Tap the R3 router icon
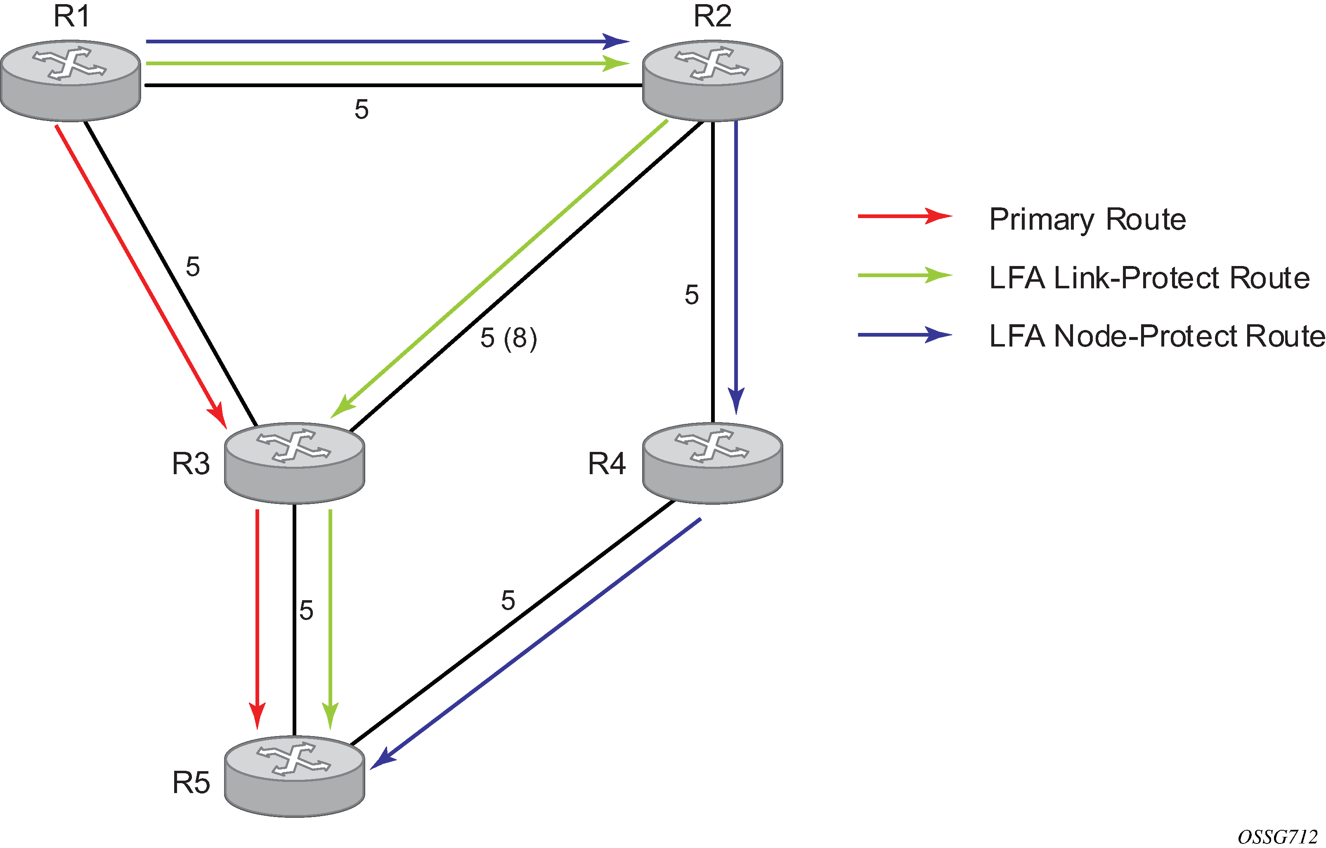tap(295, 463)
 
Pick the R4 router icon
tap(713, 463)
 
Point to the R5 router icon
tap(295, 776)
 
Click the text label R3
tap(191, 463)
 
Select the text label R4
tap(607, 463)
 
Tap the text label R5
tap(191, 782)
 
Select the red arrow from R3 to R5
tap(257, 617)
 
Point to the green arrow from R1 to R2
tap(385, 63)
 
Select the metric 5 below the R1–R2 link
tap(361, 109)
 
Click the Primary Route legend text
tap(1087, 219)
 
